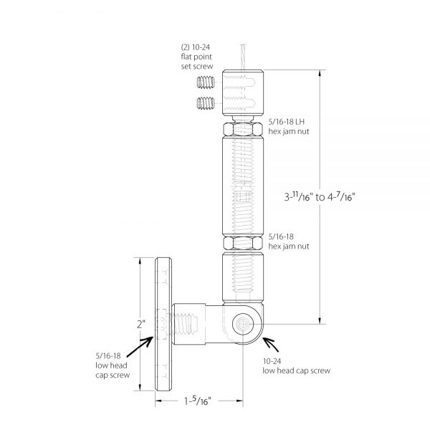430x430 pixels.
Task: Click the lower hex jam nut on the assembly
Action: tap(242, 243)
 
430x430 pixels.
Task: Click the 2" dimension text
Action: tap(143, 325)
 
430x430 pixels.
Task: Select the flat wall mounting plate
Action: tap(164, 325)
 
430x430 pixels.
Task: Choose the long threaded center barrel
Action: tap(242, 186)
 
